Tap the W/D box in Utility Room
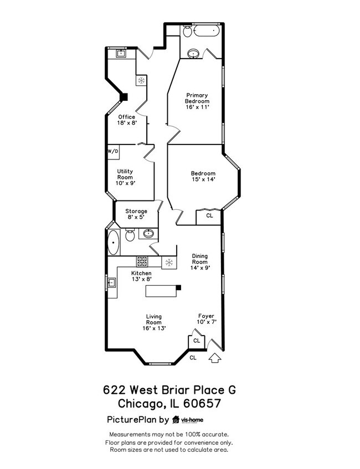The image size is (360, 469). click(112, 151)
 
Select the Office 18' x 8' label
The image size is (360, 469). click(126, 120)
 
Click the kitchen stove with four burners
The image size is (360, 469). click(142, 262)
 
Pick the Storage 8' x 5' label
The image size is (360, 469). click(136, 214)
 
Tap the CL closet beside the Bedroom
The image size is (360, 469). click(209, 216)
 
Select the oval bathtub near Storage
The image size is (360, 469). click(114, 243)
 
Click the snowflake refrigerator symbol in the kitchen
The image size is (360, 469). click(169, 262)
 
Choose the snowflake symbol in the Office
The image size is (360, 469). click(141, 81)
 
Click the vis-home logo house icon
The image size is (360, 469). click(176, 419)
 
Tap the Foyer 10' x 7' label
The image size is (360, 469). click(206, 319)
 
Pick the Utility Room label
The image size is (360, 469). click(125, 177)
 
